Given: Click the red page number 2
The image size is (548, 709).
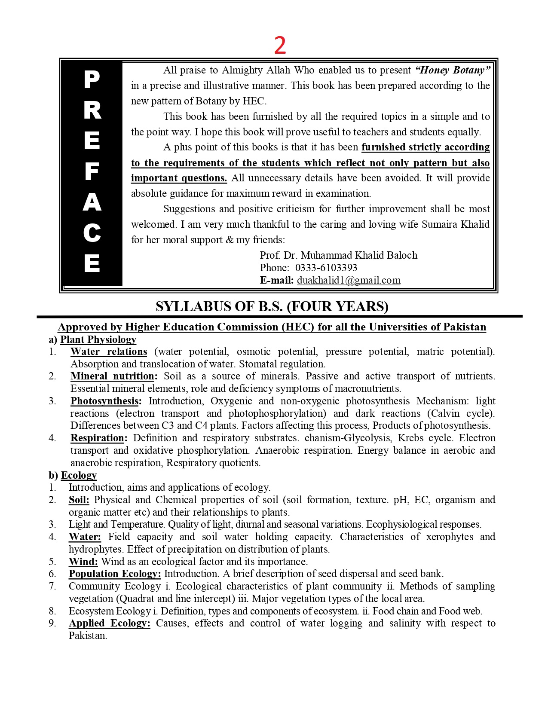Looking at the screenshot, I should click(280, 45).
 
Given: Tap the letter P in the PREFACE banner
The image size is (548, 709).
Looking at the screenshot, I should click(92, 79).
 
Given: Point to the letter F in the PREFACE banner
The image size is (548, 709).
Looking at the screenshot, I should click(92, 171).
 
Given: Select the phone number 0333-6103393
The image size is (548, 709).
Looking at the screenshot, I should click(326, 268).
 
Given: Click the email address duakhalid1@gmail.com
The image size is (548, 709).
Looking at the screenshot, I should click(349, 280).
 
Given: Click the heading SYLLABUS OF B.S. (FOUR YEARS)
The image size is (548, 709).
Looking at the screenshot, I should click(272, 306).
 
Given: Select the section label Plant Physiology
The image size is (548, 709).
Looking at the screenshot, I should click(98, 339).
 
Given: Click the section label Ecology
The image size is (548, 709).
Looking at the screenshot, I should click(79, 475).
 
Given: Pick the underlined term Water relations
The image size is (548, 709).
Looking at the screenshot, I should click(109, 351).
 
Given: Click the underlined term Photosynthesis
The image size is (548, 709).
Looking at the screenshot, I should click(106, 401).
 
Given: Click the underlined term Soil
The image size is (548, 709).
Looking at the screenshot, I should click(79, 500).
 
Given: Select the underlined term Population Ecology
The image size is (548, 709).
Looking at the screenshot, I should click(115, 574).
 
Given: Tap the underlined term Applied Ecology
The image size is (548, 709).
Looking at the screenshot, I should click(110, 623).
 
